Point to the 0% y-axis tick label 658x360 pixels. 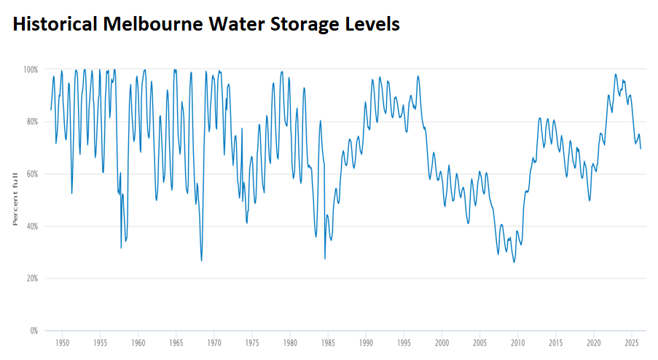[33, 332]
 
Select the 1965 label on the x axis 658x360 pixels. [176, 342]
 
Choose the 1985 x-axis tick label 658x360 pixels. [328, 342]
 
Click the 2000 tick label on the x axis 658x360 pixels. [442, 342]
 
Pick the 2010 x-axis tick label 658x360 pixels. [517, 342]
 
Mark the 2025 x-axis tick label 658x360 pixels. [632, 342]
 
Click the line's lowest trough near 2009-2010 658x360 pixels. [514, 262]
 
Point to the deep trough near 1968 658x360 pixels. [201, 261]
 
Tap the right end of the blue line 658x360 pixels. [641, 149]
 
